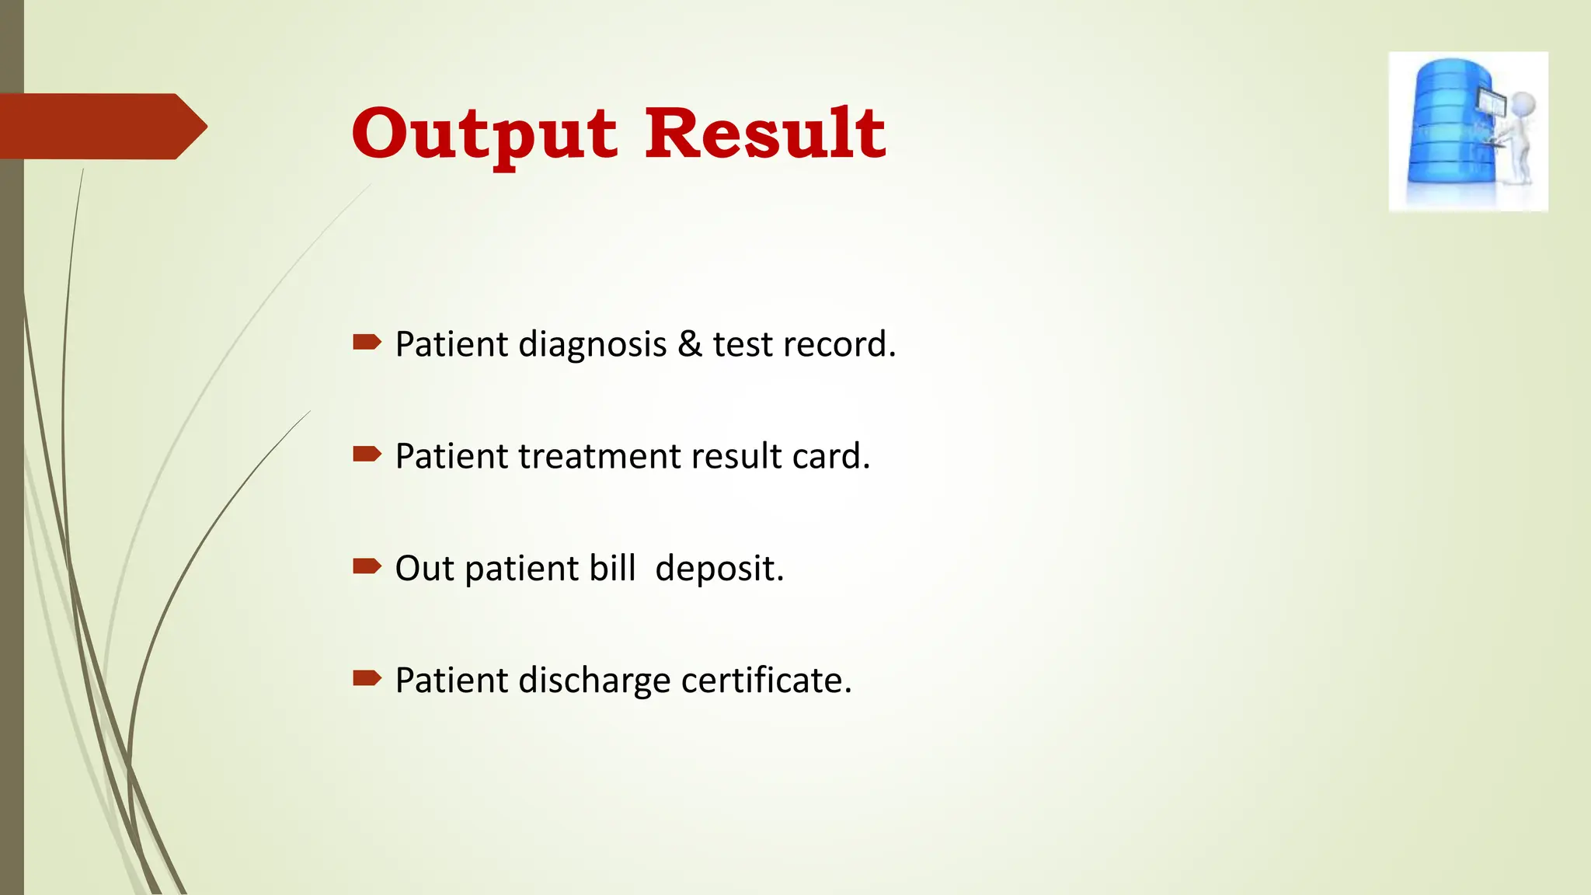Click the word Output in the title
pyautogui.click(x=485, y=135)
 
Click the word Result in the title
pyautogui.click(x=765, y=134)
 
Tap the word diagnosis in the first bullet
pyautogui.click(x=593, y=345)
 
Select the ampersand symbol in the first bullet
pyautogui.click(x=690, y=344)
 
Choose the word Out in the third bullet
pyautogui.click(x=424, y=569)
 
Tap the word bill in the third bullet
pyautogui.click(x=613, y=569)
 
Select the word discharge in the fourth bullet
pyautogui.click(x=595, y=681)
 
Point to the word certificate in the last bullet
pyautogui.click(x=766, y=681)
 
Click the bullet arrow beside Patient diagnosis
pyautogui.click(x=367, y=342)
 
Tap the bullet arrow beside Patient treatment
pyautogui.click(x=367, y=454)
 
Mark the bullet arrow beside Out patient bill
pyautogui.click(x=367, y=566)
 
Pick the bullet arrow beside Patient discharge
pyautogui.click(x=367, y=678)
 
